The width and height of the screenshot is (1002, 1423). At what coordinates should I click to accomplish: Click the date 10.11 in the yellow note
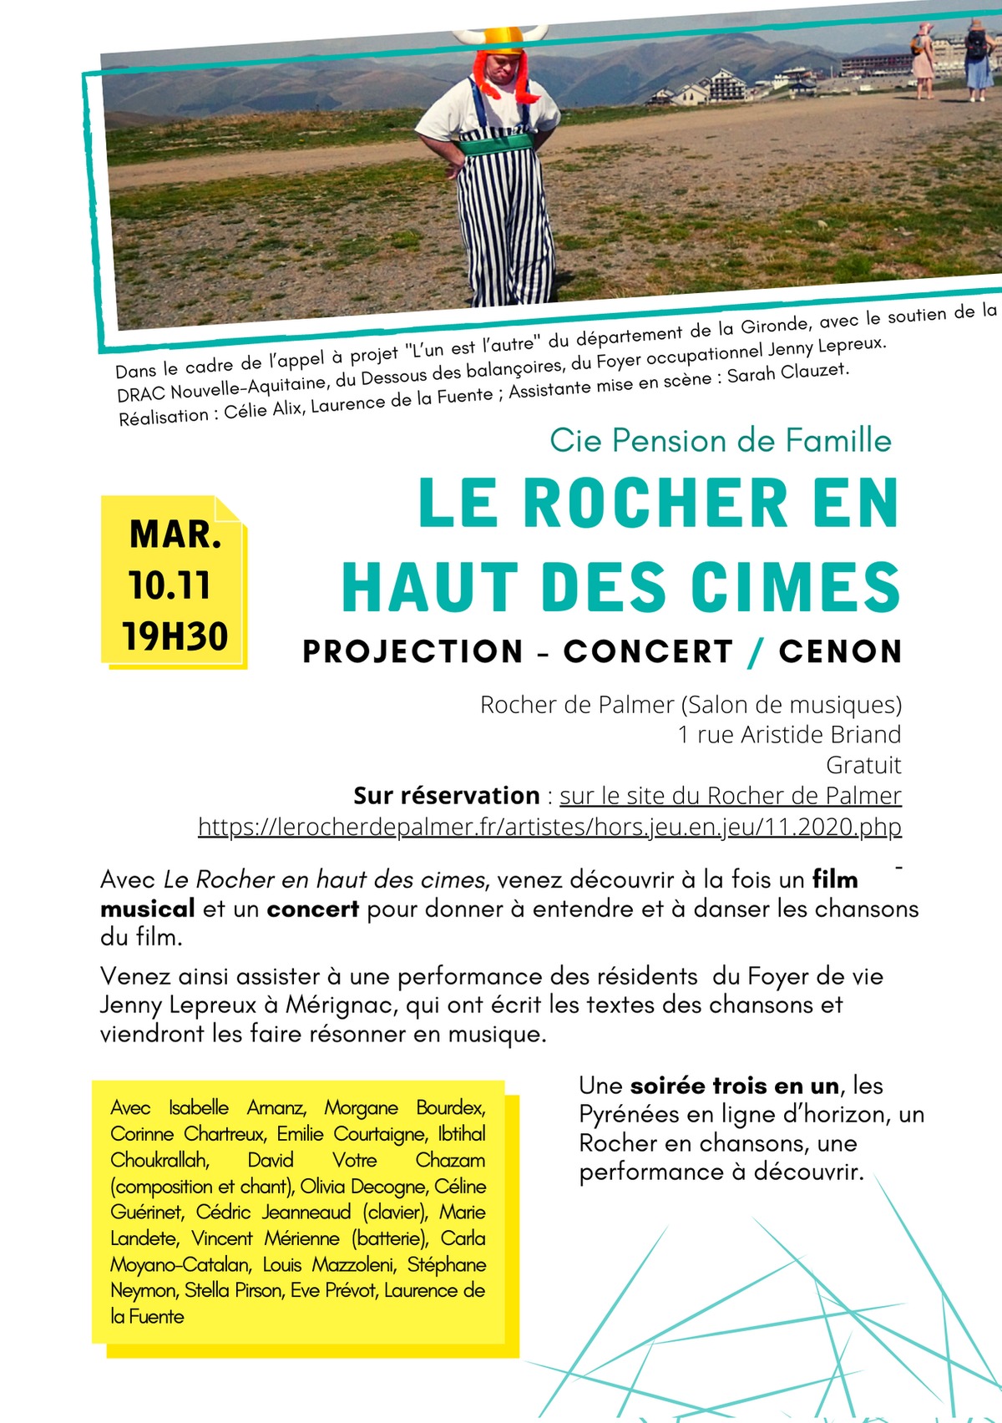click(x=170, y=585)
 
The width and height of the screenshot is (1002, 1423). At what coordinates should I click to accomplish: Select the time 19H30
click(x=175, y=636)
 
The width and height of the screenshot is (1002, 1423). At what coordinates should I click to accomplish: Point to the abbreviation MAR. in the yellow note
click(x=175, y=534)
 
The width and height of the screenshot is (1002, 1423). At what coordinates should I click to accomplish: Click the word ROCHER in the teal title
click(x=655, y=504)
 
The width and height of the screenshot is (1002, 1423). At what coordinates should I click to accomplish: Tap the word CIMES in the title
click(x=796, y=587)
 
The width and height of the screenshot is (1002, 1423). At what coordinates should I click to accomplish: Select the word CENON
click(x=840, y=652)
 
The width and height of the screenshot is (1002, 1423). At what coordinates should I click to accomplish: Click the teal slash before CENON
click(x=757, y=652)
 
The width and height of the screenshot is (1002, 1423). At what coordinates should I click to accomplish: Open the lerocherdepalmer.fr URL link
click(x=549, y=827)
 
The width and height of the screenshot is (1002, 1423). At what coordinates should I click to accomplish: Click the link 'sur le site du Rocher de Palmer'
click(x=730, y=796)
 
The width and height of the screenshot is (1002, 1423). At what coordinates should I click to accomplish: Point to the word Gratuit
click(x=863, y=765)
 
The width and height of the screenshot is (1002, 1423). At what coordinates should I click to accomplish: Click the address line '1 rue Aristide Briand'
click(x=789, y=735)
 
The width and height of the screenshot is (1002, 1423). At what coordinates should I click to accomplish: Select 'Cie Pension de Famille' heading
click(x=721, y=441)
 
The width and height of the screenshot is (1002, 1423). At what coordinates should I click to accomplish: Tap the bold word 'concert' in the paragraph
click(x=312, y=909)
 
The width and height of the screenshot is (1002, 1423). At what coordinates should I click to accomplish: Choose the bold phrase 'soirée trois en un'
click(x=734, y=1086)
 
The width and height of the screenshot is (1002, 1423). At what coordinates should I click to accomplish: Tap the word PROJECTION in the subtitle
click(x=413, y=652)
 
